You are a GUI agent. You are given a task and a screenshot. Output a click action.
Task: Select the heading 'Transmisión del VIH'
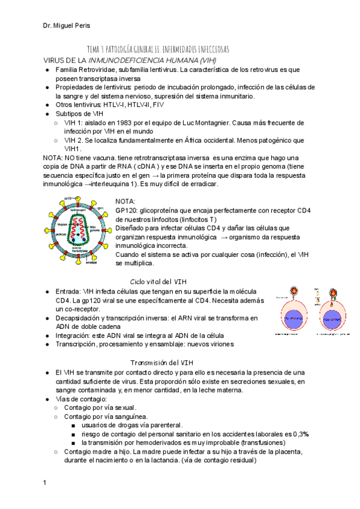(x=162, y=363)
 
